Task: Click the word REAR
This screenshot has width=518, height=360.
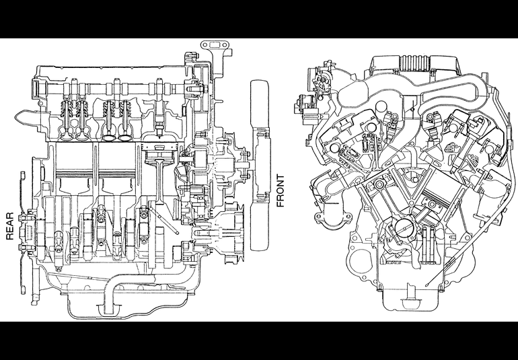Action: click(10, 226)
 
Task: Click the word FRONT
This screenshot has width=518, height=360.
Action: click(280, 190)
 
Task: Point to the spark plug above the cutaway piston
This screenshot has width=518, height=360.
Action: click(159, 122)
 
